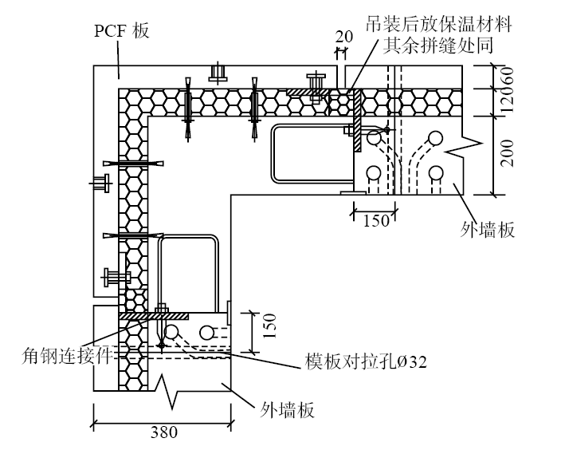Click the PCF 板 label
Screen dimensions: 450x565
(121, 31)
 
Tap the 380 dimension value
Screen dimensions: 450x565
(163, 432)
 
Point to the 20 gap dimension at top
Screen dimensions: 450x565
(343, 36)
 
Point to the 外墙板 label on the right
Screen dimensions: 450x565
(489, 230)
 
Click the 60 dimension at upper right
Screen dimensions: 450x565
(507, 77)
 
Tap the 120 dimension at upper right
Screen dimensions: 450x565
(507, 101)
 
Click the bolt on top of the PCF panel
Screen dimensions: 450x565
(216, 73)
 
